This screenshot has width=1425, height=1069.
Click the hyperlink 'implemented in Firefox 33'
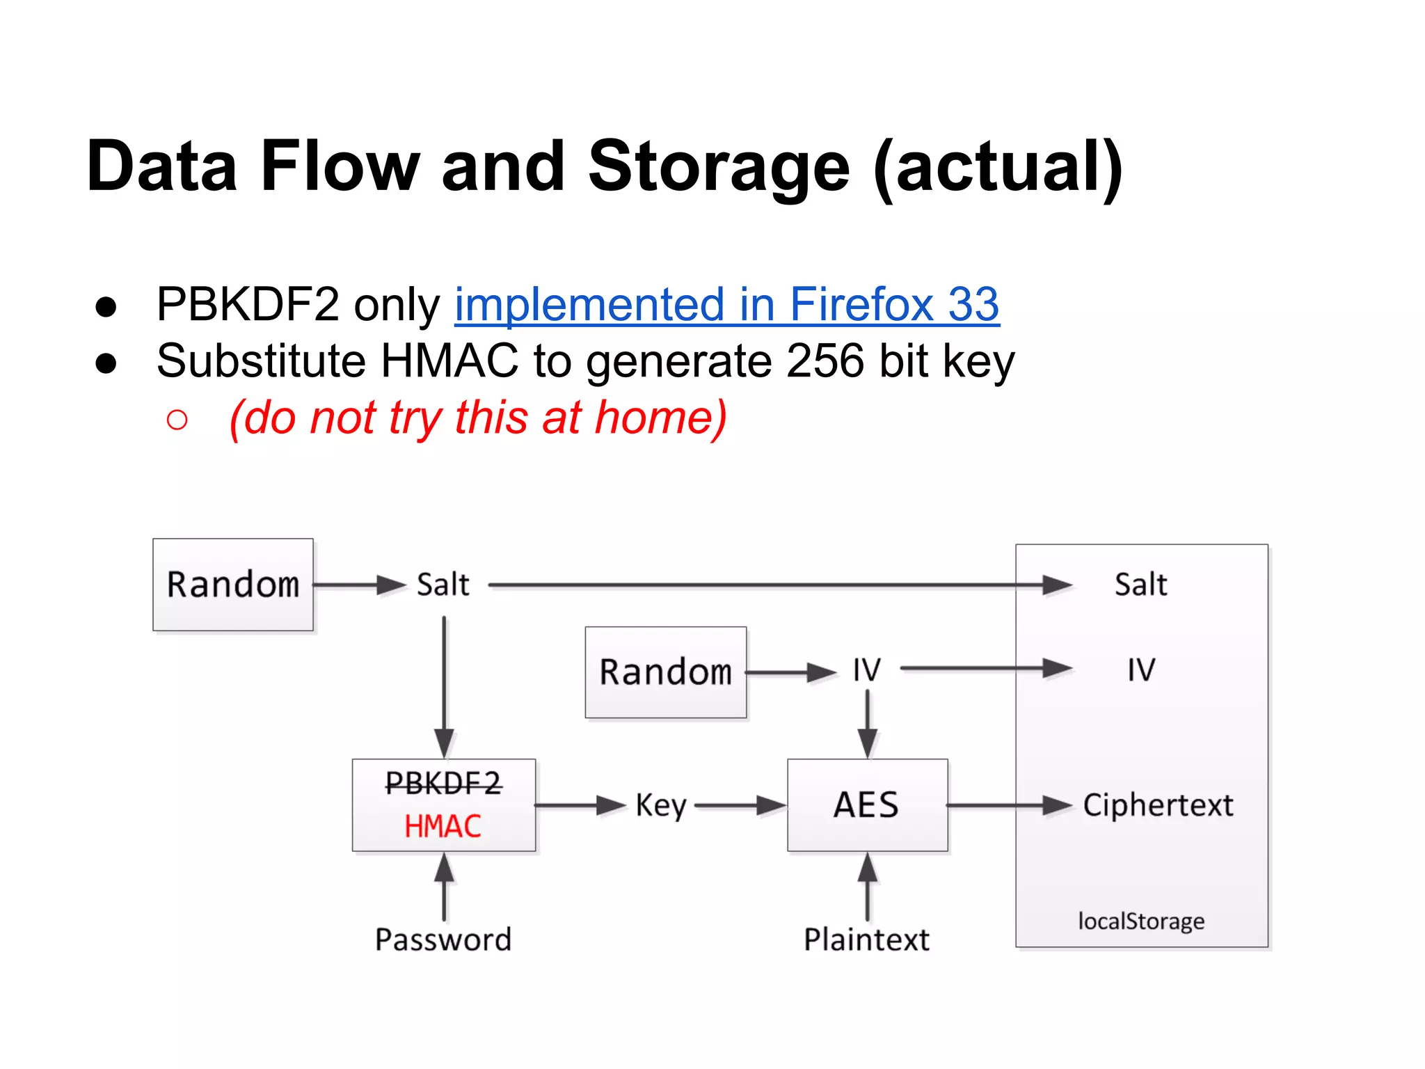point(726,304)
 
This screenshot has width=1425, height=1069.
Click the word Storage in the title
point(718,166)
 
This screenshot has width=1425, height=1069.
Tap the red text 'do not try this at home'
point(478,418)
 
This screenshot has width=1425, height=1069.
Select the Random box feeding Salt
point(233,585)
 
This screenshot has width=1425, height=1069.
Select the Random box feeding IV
point(666,672)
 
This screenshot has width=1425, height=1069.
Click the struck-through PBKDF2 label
point(443,784)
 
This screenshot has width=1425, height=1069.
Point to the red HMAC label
point(443,827)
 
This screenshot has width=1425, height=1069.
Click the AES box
point(867,805)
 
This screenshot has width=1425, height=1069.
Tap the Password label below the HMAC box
point(443,940)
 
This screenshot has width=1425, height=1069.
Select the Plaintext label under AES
point(867,940)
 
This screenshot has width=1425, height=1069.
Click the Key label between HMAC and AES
point(660,806)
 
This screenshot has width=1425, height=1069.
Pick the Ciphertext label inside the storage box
point(1158,805)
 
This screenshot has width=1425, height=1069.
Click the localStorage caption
point(1141,921)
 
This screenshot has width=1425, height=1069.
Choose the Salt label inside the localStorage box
point(1141,585)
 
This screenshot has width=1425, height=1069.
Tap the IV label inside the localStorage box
point(1141,670)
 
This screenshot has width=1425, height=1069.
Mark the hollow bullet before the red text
point(177,419)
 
